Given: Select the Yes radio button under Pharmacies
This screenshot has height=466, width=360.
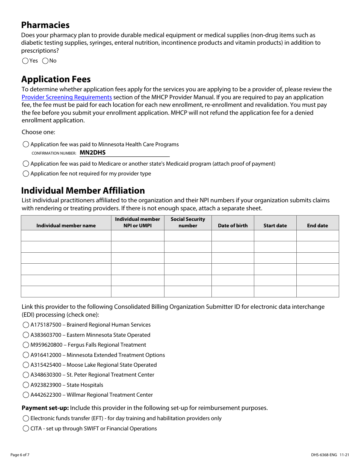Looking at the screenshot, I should coord(25,61).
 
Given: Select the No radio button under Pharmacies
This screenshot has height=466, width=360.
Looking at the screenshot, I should coord(45,61).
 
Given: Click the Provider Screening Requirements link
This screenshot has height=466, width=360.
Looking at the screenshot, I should coord(67,97).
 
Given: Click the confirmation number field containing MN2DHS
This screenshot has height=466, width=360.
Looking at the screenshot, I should coord(124,153).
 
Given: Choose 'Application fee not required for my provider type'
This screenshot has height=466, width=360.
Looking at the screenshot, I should coord(26,174).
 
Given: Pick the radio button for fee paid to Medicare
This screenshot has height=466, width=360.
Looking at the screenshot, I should coord(26,164).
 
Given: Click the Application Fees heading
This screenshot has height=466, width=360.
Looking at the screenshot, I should coord(56,79).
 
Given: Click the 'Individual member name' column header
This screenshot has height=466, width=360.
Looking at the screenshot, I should coord(66,225).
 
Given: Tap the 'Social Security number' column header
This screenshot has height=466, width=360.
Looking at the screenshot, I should coord(188,222).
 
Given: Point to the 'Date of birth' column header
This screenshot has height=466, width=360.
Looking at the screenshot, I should coord(233,225).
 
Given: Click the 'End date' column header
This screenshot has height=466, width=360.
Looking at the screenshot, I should coord(317,225).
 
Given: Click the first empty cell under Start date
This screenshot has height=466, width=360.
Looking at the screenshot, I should coord(275,236).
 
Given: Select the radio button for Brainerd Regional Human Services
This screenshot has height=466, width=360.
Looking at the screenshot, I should coord(26,325).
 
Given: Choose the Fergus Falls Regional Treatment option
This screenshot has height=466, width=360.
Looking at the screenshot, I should coord(26,345).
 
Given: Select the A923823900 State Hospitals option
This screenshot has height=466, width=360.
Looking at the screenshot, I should coord(26,385).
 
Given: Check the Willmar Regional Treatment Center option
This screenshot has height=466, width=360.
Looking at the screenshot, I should coord(26,395).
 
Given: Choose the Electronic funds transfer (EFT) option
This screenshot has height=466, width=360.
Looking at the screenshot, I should coord(26,419).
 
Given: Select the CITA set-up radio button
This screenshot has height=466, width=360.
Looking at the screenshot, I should coord(26,429).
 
